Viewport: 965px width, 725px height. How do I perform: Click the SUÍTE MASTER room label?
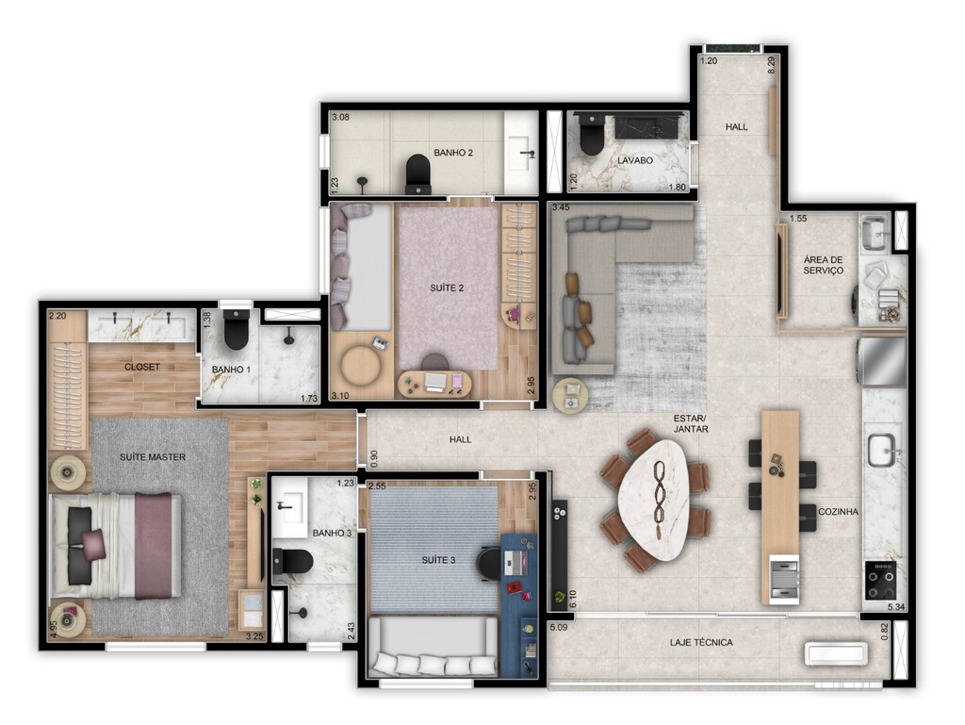[x=152, y=457]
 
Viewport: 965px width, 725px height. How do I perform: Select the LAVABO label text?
[x=636, y=161]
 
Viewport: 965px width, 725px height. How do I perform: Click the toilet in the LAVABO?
[x=591, y=138]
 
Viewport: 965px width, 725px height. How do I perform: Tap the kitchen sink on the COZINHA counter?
[x=884, y=451]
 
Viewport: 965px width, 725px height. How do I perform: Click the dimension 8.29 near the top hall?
[x=772, y=66]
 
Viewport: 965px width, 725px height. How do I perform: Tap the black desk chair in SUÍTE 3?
[x=489, y=562]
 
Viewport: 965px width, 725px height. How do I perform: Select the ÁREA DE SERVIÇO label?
[x=823, y=265]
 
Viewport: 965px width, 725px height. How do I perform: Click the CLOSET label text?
[x=142, y=367]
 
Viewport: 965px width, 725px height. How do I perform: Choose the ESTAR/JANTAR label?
[x=691, y=422]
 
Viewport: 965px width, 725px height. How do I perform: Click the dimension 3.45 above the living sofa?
[x=561, y=207]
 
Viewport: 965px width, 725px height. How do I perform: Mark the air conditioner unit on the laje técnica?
[x=837, y=653]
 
